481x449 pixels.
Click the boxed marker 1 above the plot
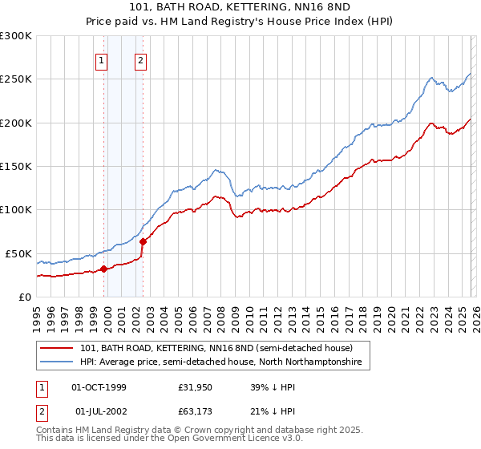pos(103,59)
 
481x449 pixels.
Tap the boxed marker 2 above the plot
pos(141,59)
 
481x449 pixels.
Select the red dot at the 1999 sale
pos(103,269)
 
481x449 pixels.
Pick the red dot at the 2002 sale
pos(143,241)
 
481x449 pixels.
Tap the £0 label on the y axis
pos(23,297)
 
